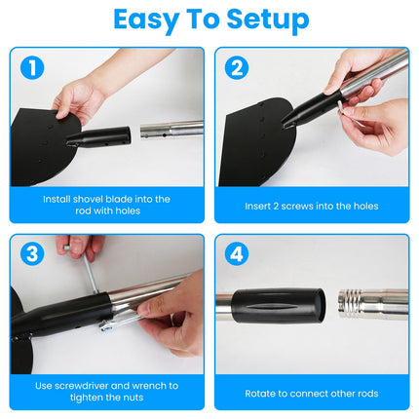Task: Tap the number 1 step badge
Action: click(32, 69)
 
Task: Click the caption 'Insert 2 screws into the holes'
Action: click(312, 206)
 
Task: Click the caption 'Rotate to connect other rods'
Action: click(312, 392)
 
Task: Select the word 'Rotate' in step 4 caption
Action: click(263, 392)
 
